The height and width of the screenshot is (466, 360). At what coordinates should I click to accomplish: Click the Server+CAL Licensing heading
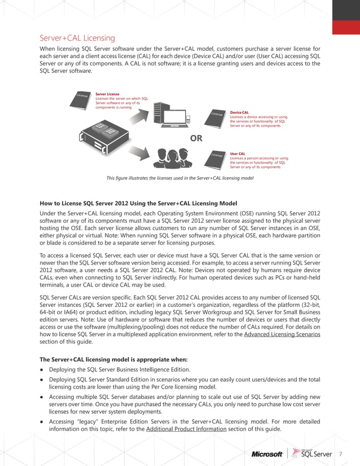tap(77, 38)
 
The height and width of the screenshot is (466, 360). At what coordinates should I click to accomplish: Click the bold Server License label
tap(107, 94)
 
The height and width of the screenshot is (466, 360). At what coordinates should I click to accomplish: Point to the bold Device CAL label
tap(239, 113)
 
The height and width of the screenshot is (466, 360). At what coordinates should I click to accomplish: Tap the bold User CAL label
tap(238, 153)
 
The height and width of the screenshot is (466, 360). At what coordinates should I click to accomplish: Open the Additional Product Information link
tap(186, 429)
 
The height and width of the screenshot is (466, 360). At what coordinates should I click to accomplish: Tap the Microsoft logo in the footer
tap(267, 454)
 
